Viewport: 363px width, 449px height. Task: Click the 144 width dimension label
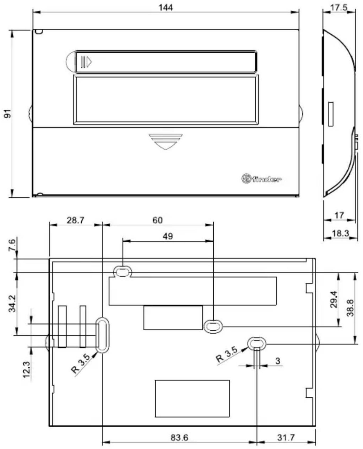point(166,7)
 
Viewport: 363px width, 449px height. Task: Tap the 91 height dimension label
point(8,113)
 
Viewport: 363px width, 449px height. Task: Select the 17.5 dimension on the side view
point(339,7)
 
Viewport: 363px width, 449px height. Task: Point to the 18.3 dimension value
point(340,233)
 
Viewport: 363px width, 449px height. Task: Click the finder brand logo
point(261,179)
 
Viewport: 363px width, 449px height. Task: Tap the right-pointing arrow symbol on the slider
point(86,62)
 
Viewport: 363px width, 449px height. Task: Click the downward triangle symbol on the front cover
point(166,142)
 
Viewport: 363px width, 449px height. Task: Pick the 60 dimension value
point(157,220)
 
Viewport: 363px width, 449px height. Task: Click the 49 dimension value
point(168,236)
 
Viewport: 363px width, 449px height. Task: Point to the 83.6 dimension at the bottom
point(179,437)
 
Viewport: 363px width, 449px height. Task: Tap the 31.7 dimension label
point(286,437)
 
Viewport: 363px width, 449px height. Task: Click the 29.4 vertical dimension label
point(334,299)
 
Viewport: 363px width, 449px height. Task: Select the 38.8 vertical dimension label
point(350,308)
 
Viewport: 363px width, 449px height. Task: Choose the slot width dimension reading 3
point(278,361)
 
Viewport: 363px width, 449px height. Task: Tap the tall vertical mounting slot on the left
point(102,335)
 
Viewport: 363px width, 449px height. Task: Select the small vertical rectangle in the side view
point(330,114)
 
